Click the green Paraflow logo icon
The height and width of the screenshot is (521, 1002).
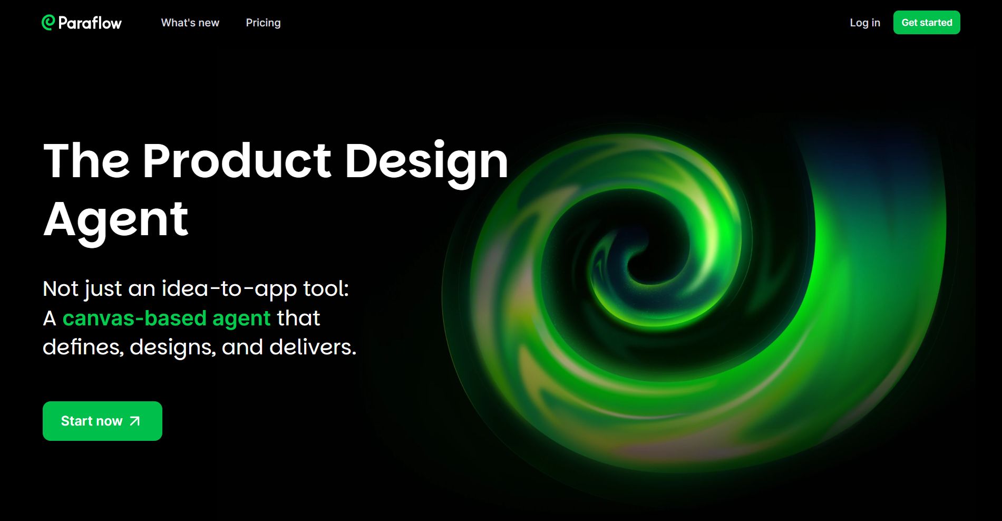tap(48, 22)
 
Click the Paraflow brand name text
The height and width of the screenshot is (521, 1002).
tap(90, 23)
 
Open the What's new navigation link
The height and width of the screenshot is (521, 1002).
tap(190, 23)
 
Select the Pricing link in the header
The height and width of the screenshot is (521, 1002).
tap(263, 23)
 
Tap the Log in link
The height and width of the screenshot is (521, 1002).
tap(865, 23)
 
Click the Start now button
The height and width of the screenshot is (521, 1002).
tap(102, 421)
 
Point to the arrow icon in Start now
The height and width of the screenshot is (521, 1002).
tap(135, 421)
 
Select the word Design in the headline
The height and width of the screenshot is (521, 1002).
tap(426, 163)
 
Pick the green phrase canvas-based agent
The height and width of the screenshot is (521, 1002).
tap(167, 319)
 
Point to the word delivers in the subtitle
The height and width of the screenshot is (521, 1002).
tap(313, 347)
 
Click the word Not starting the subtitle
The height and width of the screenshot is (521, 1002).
tap(61, 288)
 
